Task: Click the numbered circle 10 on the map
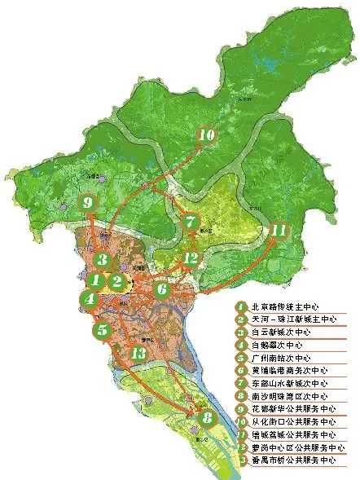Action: [206, 135]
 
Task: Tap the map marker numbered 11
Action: [279, 231]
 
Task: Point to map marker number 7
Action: [190, 222]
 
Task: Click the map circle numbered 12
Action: [191, 258]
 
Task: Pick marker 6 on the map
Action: [162, 288]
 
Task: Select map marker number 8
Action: [207, 419]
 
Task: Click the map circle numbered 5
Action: [102, 330]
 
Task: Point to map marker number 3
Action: [101, 260]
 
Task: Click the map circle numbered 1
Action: [96, 281]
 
